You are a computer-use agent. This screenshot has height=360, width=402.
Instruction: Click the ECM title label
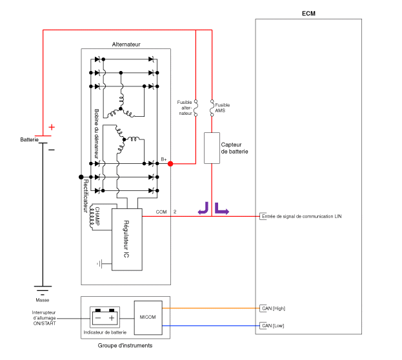coord(308,14)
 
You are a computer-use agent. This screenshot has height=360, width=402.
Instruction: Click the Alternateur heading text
coord(126,45)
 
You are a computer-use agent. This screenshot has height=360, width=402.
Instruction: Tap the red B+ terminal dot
coord(170,164)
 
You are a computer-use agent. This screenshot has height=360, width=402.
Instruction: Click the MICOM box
coord(147,317)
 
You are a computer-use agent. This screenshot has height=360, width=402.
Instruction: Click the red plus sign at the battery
coord(52,127)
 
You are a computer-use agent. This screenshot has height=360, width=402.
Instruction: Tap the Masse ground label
coord(43,300)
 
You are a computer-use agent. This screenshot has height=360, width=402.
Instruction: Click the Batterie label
coord(29,140)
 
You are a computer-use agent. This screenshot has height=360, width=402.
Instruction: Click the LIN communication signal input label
coord(301,216)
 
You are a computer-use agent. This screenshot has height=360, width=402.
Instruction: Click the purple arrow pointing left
coord(203,208)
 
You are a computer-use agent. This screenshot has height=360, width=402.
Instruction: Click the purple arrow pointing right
coord(221,208)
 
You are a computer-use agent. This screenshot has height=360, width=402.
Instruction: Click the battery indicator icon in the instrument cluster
coord(104,317)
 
